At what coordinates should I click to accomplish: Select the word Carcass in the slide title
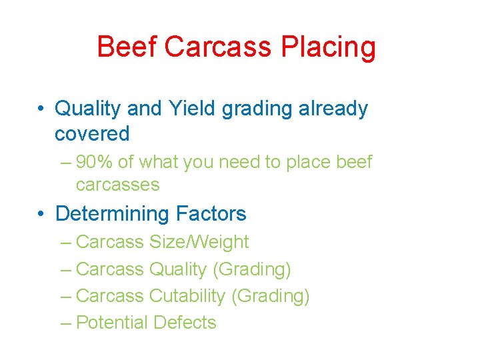click(x=219, y=47)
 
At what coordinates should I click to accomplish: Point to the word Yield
click(x=193, y=108)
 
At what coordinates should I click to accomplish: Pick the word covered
click(x=92, y=134)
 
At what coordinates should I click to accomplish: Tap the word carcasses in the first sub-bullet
click(x=118, y=185)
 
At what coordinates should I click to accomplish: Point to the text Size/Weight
click(x=199, y=242)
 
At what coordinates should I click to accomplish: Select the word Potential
click(x=112, y=323)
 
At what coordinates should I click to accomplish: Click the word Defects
click(x=185, y=323)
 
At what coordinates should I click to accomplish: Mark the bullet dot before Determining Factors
click(x=42, y=214)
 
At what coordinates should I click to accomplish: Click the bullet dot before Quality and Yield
click(x=42, y=108)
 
